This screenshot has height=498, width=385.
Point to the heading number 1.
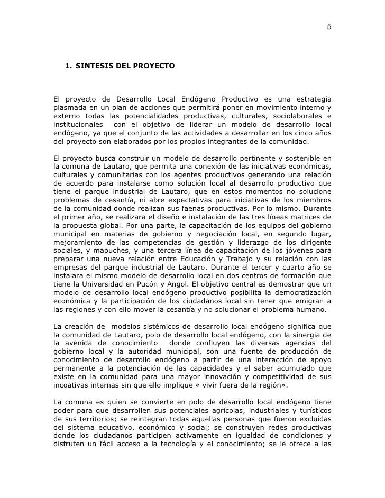pos(67,67)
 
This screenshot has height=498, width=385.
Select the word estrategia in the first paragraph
pos(311,100)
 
